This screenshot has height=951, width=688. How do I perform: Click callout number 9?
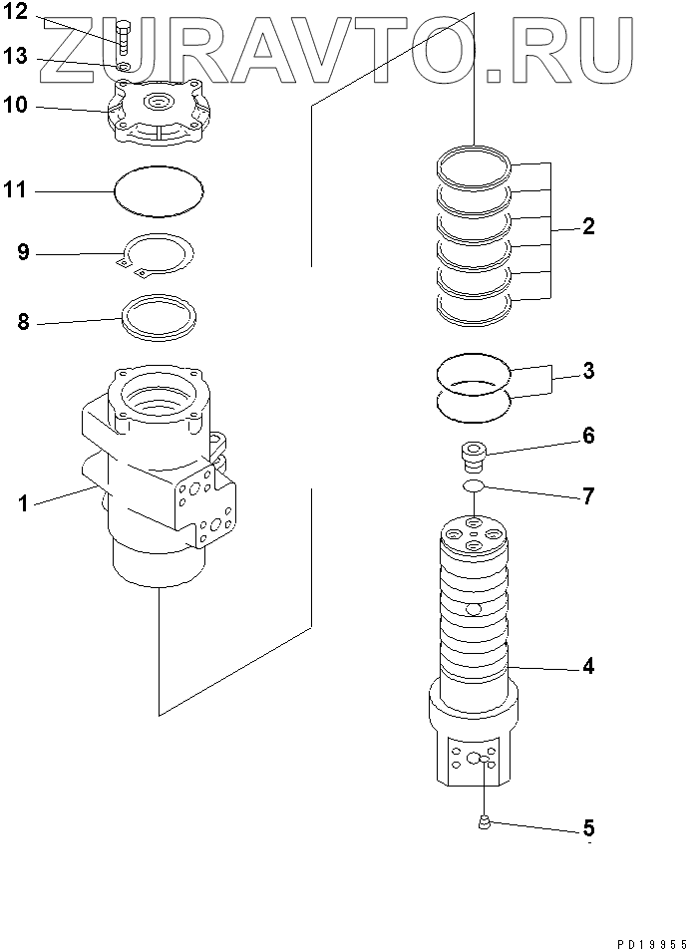pos(23,252)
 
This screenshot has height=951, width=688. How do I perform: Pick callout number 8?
pos(23,323)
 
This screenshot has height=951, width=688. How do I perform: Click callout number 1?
pos(22,503)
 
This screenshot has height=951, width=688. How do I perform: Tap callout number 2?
pos(588,226)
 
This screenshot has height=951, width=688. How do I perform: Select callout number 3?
pos(588,372)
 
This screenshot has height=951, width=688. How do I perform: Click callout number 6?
pos(588,436)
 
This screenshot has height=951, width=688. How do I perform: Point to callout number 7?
pos(588,495)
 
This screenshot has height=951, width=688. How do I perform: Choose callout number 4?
pos(588,667)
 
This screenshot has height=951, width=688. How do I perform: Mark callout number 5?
pos(588,828)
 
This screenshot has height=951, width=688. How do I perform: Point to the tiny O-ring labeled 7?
pos(473,486)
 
